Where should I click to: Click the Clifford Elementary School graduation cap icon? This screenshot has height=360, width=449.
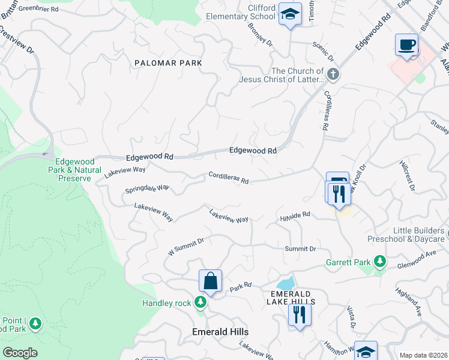(290, 15)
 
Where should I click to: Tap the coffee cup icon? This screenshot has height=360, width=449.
(406, 45)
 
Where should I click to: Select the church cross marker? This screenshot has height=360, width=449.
(334, 75)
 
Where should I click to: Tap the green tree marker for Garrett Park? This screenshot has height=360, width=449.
(379, 262)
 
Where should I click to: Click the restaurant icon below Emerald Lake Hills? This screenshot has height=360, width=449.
(300, 314)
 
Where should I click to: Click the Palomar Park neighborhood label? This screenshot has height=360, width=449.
(168, 63)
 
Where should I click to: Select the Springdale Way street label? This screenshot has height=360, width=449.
(147, 189)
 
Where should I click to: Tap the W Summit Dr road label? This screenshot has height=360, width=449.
(186, 247)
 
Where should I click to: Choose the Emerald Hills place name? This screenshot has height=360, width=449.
(220, 332)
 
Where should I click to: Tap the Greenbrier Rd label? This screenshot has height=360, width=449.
(38, 10)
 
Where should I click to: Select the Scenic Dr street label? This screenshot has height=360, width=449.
(323, 52)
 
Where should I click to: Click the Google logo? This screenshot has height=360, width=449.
(20, 353)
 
